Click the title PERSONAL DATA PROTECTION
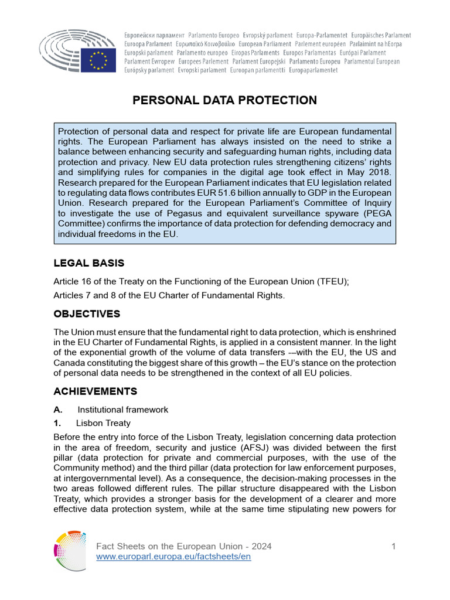(225, 100)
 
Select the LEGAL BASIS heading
(89, 263)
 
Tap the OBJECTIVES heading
(87, 314)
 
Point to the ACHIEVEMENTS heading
(96, 391)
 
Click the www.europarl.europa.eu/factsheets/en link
(173, 557)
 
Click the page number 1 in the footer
(394, 547)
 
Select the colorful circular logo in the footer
(70, 551)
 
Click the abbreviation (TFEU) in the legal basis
(332, 281)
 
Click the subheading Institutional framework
(123, 410)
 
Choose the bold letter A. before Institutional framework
(58, 410)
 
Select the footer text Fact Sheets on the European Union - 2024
(183, 547)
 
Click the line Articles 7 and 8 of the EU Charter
(169, 295)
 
